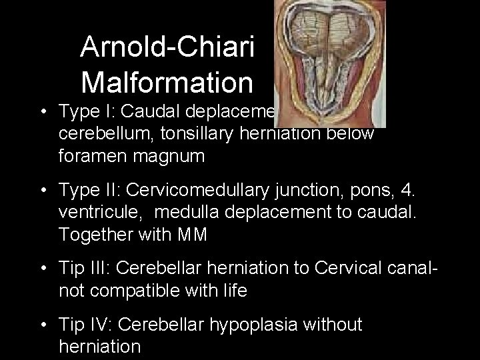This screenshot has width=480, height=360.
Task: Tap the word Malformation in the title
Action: coord(167,83)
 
